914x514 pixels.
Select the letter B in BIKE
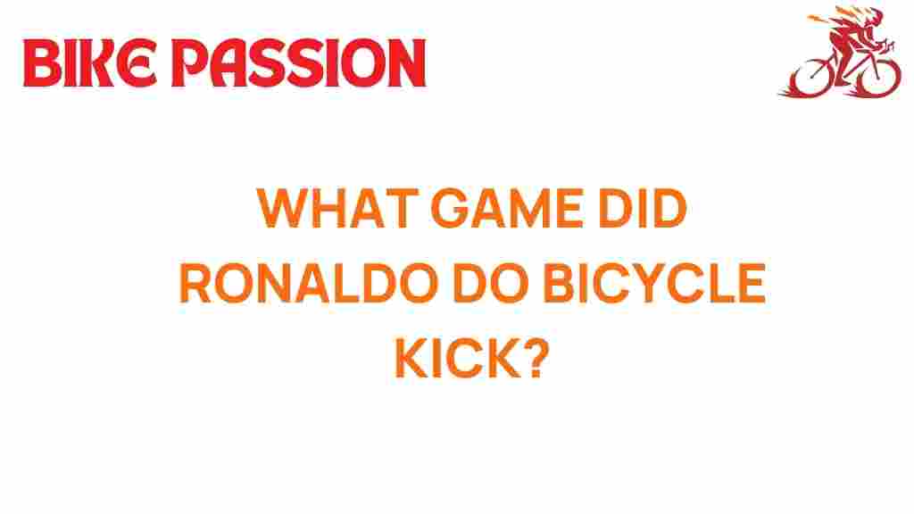coord(40,64)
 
